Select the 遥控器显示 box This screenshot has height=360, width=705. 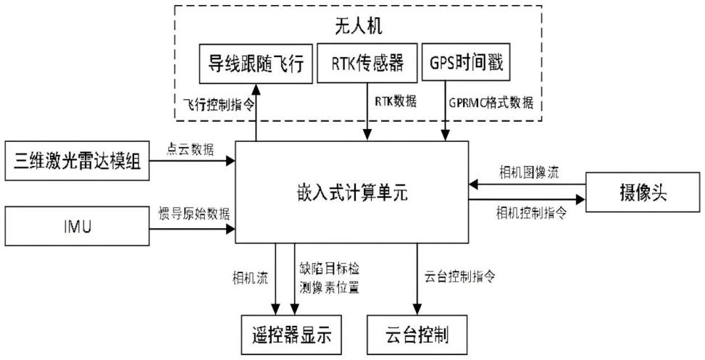pyautogui.click(x=291, y=335)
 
